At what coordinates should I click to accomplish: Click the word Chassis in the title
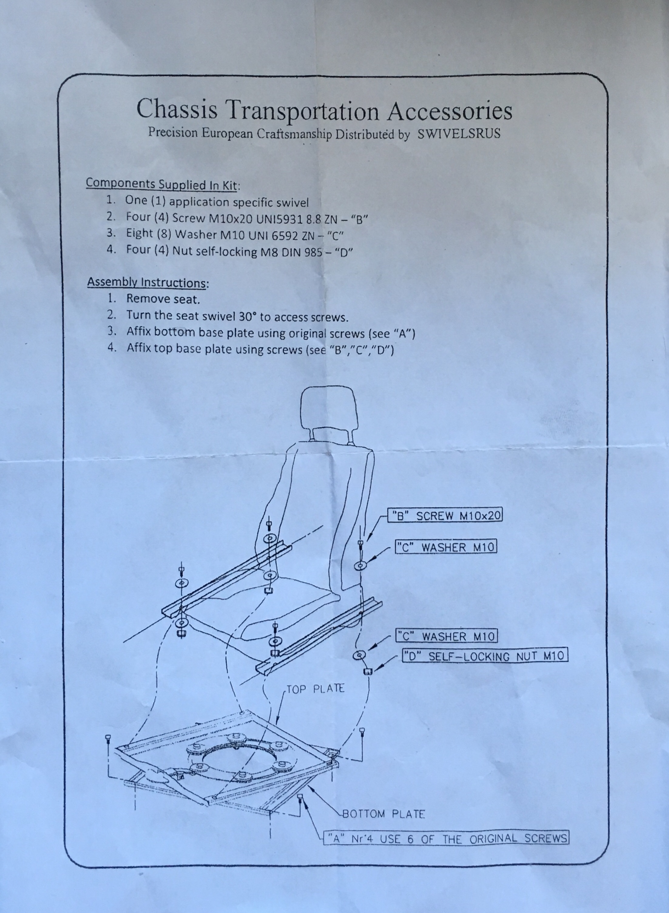point(177,109)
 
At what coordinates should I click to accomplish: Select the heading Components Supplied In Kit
point(162,184)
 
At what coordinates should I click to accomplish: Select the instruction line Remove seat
point(163,299)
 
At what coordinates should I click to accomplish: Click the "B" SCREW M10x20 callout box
point(445,516)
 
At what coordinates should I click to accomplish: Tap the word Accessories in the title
point(450,111)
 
